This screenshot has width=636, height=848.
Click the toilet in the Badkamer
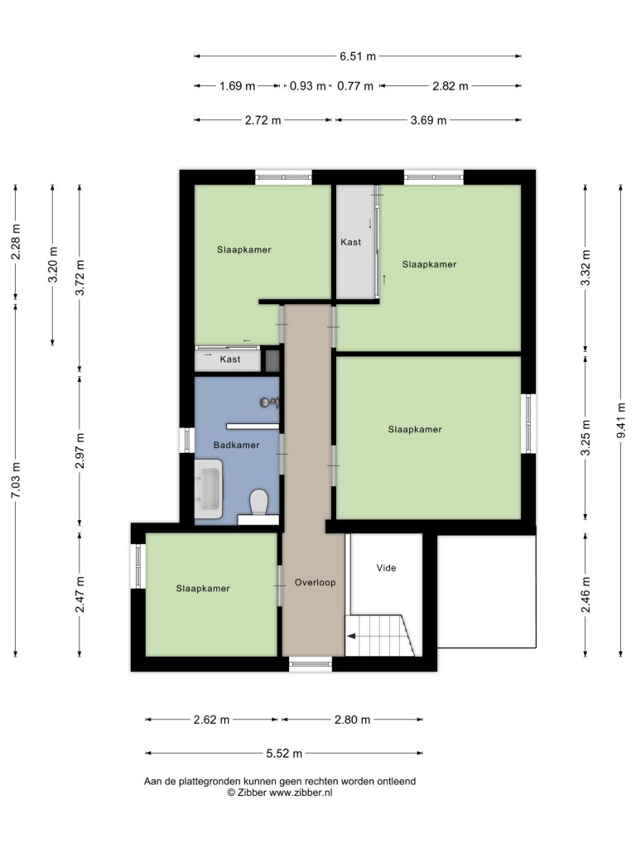point(259,503)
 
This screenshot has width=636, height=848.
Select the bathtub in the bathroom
point(209,489)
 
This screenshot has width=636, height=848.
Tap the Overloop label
point(315,582)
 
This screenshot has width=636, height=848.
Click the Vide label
point(386,568)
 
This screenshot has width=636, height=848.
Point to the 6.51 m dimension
point(358,56)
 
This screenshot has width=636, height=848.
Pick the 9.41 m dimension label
point(621,421)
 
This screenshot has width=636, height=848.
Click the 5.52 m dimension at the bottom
point(284,754)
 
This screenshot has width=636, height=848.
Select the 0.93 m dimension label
point(308,86)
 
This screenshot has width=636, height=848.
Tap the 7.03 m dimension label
point(16,480)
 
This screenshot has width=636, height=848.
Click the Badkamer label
point(236,445)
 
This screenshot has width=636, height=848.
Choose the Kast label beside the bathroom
point(230,359)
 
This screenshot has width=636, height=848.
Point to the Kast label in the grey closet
point(350,242)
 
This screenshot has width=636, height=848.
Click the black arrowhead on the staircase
point(351,636)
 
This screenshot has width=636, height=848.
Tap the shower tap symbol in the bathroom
point(269,402)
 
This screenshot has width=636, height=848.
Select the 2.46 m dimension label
point(585,595)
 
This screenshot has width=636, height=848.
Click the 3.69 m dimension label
point(428,120)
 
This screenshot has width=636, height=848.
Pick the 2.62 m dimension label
point(211,720)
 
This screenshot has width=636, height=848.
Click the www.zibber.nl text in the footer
point(301,793)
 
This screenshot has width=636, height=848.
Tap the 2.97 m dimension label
point(79,450)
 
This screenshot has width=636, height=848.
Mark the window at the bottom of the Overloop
point(311,664)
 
